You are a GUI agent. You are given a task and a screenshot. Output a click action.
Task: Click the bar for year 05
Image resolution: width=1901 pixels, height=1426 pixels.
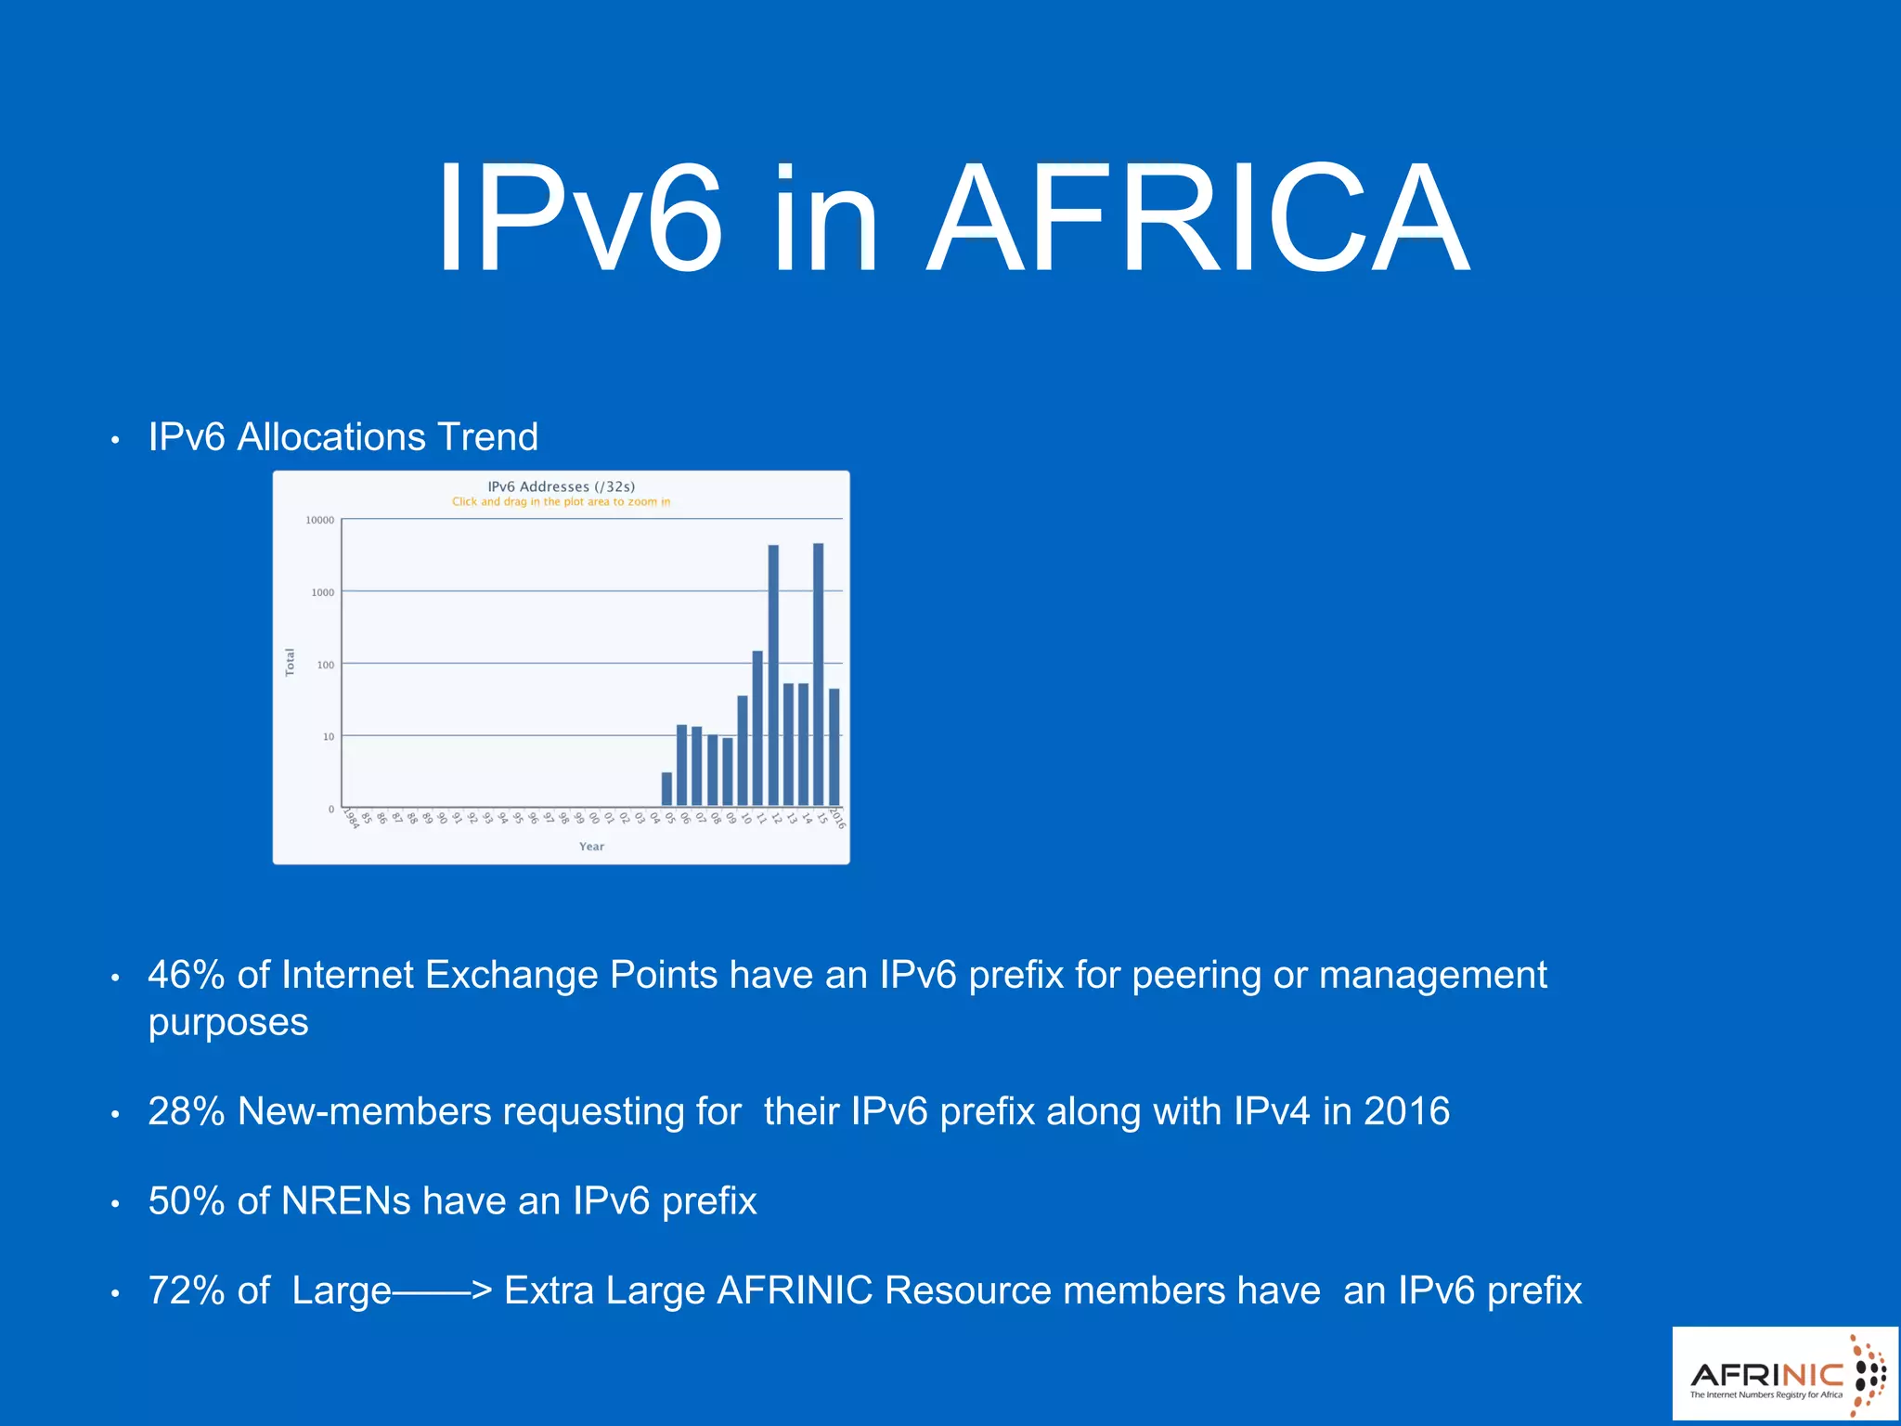[x=666, y=789]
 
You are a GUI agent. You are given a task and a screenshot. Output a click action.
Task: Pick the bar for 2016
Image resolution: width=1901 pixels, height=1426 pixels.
[x=834, y=747]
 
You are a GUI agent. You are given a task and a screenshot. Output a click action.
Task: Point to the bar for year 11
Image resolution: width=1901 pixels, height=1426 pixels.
[x=757, y=728]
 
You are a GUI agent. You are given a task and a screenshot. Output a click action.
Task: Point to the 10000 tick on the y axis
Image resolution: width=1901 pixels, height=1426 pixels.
[x=320, y=520]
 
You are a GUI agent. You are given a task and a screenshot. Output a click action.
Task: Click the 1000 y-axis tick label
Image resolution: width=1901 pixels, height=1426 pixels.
[x=323, y=592]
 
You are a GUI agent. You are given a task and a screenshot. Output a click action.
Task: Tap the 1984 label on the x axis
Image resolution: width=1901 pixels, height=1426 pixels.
[x=351, y=818]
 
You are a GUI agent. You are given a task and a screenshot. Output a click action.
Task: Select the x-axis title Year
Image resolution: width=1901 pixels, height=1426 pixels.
[x=591, y=847]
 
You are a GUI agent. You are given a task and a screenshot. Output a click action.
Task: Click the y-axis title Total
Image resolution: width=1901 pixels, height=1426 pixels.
[x=290, y=662]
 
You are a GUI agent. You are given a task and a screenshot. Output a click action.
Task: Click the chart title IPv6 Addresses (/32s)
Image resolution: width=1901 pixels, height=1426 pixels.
[x=562, y=486]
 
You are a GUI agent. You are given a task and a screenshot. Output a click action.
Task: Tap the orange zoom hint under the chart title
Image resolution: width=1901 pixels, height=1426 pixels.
[x=562, y=502]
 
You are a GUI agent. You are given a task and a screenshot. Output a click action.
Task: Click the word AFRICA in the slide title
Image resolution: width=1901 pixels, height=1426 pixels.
[x=1199, y=220]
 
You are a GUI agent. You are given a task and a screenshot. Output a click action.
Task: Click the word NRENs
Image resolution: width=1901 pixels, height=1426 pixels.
[x=346, y=1200]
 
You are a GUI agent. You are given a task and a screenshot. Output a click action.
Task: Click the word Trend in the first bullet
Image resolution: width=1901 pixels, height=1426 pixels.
[x=487, y=436]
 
